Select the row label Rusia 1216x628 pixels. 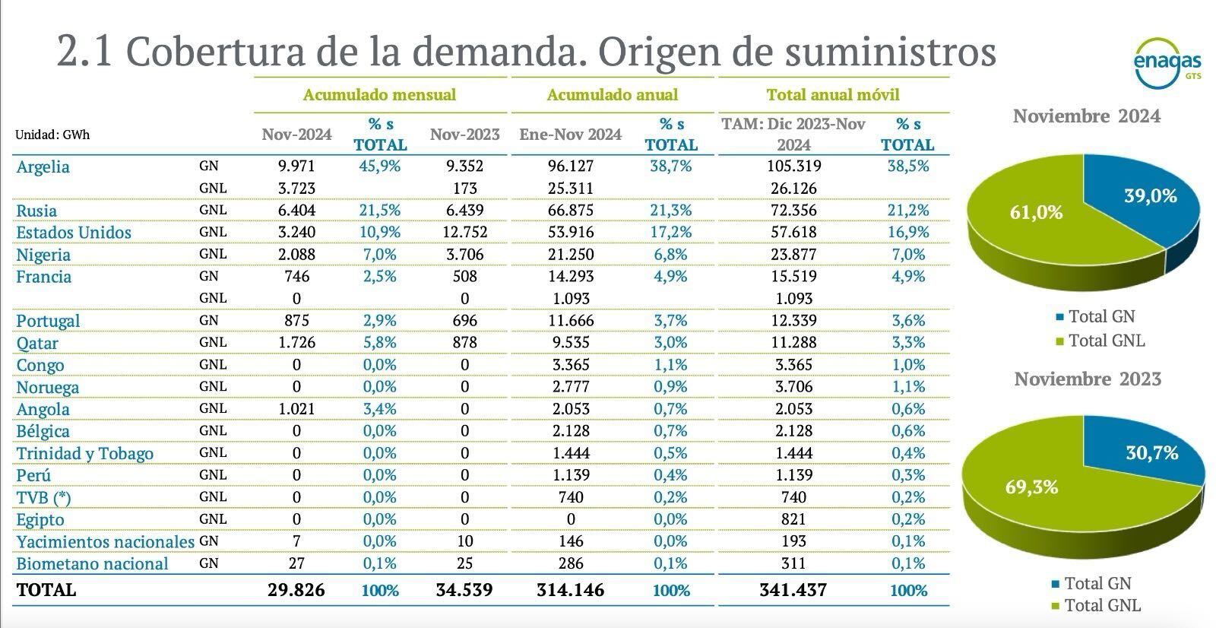pos(36,211)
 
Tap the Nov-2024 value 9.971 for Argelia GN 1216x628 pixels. pos(296,166)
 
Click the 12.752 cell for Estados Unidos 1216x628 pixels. pos(464,232)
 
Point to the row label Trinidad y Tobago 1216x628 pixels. pos(85,453)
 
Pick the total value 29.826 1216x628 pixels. pos(296,590)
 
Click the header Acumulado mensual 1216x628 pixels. pos(379,95)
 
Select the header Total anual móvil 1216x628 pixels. pos(833,95)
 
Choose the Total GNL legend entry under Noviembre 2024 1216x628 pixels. pos(1106,341)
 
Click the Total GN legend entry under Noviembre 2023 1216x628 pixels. pos(1097,583)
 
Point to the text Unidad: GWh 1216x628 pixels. pos(52,135)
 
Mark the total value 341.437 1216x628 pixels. pos(793,590)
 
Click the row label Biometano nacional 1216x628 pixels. pos(92,563)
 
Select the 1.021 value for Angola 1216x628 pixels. pos(296,409)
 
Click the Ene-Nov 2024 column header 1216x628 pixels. pos(571,135)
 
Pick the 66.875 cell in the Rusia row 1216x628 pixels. pos(571,210)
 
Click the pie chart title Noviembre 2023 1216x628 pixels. pos(1088,379)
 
